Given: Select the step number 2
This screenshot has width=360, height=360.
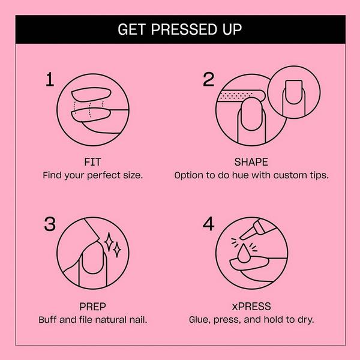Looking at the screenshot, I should pos(208,79).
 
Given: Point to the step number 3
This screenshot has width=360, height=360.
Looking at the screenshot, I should pos(51,224).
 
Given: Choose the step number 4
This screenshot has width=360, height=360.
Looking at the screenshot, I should pos(208,224).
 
